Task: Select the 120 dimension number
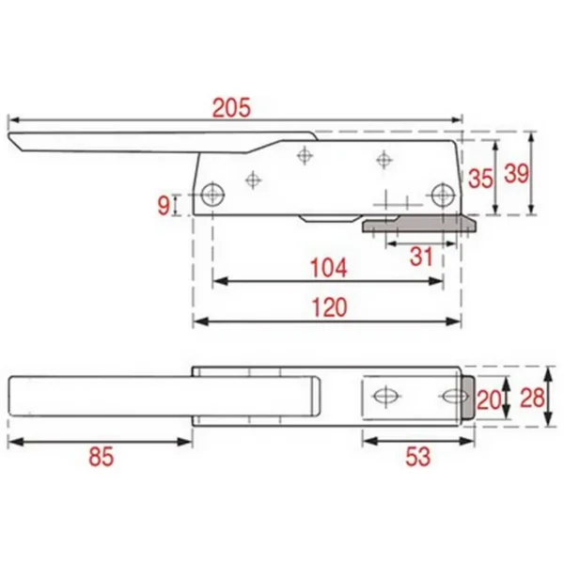pos(328,307)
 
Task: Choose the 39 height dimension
pos(515,173)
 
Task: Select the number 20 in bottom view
pos(487,398)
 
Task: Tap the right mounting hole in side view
pos(443,196)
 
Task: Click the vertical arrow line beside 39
pos(533,174)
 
